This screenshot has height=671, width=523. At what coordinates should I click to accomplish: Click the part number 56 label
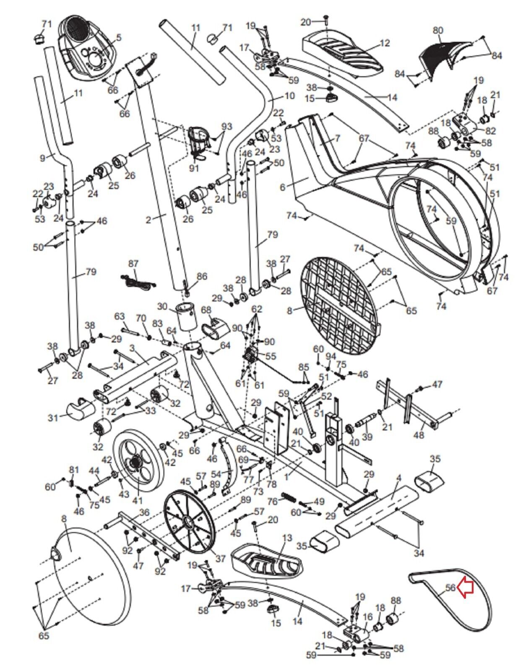450,588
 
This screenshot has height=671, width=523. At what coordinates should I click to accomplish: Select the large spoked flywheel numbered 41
138,461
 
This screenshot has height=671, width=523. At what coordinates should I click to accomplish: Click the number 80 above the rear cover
437,31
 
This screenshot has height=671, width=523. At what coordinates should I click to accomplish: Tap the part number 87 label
133,264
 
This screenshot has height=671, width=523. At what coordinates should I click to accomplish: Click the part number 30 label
162,307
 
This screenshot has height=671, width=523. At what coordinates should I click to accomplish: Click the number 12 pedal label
385,43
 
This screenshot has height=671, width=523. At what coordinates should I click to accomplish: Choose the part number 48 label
419,435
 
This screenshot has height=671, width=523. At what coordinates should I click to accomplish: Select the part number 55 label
271,356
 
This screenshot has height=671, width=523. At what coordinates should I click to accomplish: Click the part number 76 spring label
273,501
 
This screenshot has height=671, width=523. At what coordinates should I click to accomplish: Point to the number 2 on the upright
148,220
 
